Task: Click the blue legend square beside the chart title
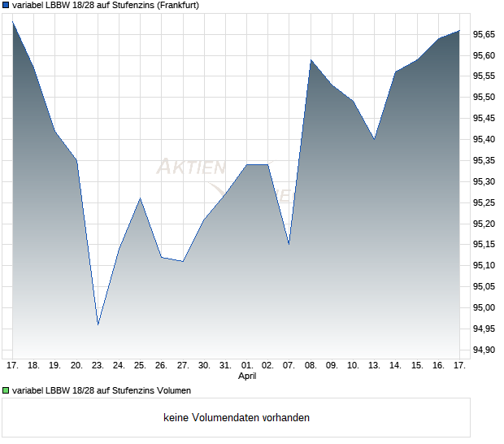7,5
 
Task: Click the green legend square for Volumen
7,390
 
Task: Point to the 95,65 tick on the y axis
485,34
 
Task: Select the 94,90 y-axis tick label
485,350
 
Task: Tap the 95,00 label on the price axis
485,307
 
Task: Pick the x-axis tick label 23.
98,365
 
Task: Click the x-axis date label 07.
289,365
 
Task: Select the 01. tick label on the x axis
246,365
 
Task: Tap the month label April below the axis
246,377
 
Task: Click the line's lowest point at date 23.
98,324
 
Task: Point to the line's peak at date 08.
311,60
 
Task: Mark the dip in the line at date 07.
289,244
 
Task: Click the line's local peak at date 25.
141,198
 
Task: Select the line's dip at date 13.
374,139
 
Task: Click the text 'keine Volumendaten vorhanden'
236,418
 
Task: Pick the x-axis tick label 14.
396,365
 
